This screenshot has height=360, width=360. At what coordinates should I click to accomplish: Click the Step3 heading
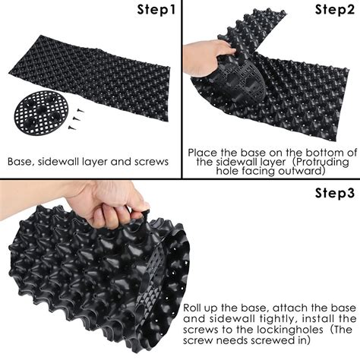pyautogui.click(x=335, y=192)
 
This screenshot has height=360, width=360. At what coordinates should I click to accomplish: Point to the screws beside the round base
pyautogui.click(x=74, y=115)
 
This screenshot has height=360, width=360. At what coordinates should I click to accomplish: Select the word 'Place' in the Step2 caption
pyautogui.click(x=203, y=151)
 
